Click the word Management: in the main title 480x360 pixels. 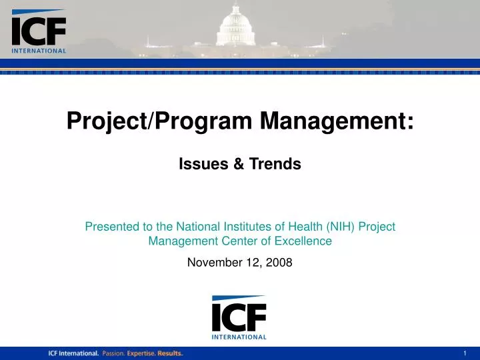coord(337,121)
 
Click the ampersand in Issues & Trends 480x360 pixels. coord(238,163)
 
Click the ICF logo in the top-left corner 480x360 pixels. coord(39,32)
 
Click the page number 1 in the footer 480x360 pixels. coord(465,353)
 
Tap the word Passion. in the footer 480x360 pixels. coord(113,353)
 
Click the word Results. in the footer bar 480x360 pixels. coord(170,353)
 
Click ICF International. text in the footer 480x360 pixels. coord(73,353)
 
